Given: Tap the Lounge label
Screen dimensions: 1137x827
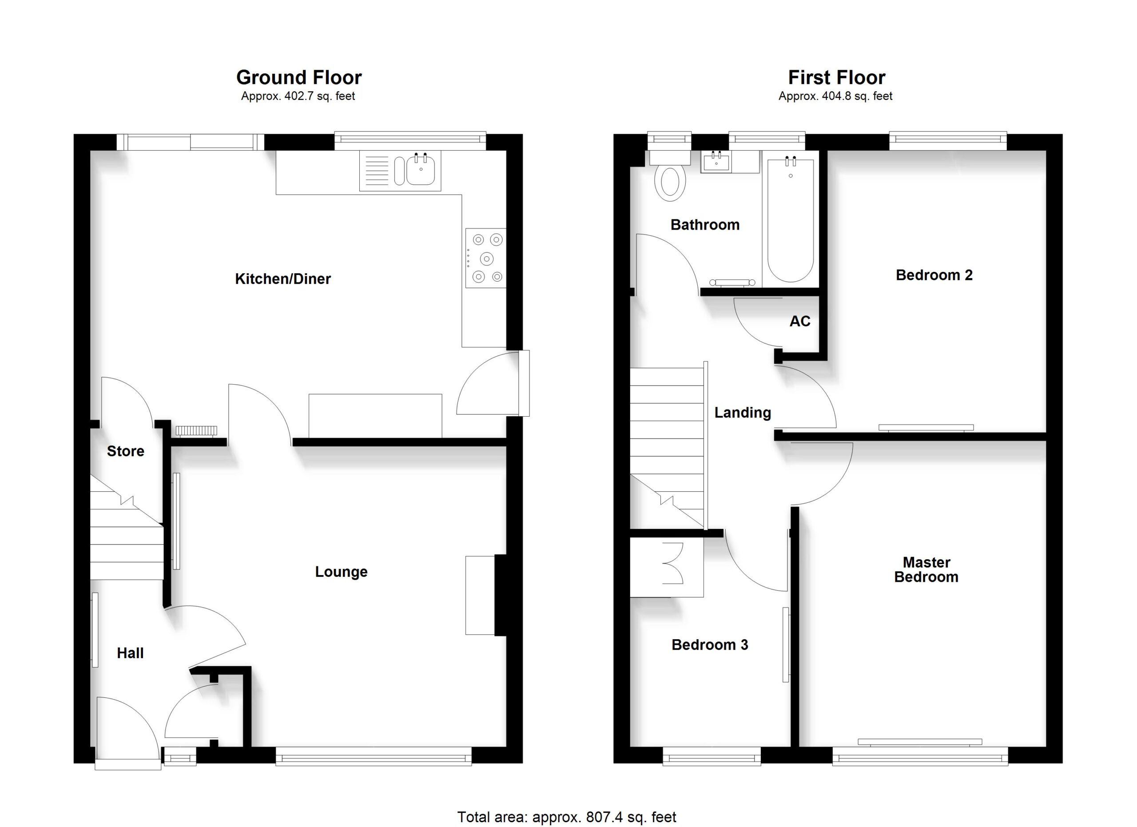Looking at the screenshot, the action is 341,572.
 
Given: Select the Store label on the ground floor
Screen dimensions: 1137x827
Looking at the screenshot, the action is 125,451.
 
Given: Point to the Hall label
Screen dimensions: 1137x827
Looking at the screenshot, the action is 130,653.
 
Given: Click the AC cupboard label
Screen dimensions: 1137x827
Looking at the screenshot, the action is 799,321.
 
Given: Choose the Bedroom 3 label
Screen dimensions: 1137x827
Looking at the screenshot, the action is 710,644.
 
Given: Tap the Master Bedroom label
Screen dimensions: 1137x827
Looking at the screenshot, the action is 926,569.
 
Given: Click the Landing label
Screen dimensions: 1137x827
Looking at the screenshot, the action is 743,413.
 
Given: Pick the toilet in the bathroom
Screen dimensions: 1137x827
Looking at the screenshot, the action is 670,176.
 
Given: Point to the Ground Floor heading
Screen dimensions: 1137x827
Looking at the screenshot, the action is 299,78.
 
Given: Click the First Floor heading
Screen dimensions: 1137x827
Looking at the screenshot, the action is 837,78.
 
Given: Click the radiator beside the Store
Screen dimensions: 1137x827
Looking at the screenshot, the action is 196,430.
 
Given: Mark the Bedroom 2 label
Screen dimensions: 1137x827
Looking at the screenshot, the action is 934,275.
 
